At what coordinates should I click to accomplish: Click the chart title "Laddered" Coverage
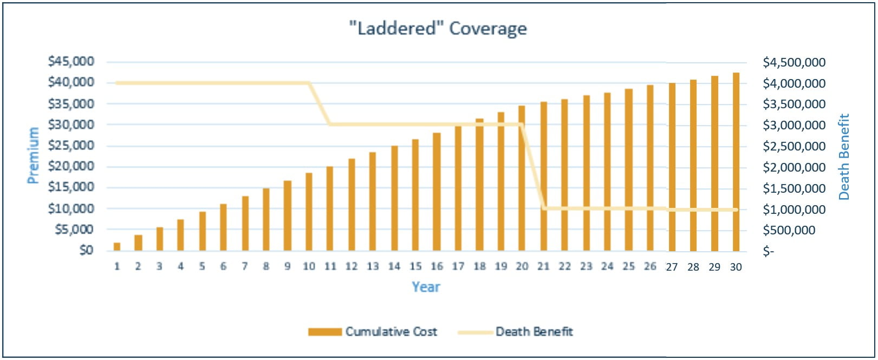[x=438, y=28]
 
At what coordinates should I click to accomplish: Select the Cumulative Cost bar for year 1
[x=117, y=247]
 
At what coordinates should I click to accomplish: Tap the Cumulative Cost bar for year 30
[x=736, y=162]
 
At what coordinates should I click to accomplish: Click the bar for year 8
[x=266, y=220]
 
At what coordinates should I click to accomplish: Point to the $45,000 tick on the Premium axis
[x=71, y=61]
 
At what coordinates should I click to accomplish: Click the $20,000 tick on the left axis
[x=71, y=166]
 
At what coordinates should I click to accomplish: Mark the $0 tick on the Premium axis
[x=86, y=250]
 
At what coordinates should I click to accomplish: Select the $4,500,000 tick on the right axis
[x=794, y=62]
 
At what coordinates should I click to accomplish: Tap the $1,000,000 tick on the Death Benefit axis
[x=794, y=210]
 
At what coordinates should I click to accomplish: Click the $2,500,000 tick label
[x=794, y=146]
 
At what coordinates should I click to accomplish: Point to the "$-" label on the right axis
[x=769, y=251]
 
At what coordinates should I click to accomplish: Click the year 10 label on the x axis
[x=309, y=266]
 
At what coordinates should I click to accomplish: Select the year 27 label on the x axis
[x=672, y=267]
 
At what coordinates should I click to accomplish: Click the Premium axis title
[x=33, y=155]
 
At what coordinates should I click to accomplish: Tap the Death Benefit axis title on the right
[x=844, y=156]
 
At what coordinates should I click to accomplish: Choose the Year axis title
[x=426, y=287]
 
